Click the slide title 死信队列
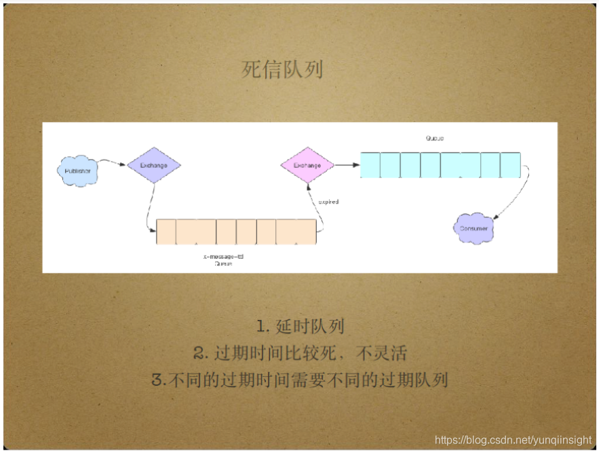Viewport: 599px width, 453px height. click(282, 70)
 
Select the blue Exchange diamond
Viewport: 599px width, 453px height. click(153, 165)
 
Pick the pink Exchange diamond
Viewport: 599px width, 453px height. click(307, 165)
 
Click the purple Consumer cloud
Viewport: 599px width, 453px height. click(474, 228)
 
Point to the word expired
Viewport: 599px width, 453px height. click(328, 202)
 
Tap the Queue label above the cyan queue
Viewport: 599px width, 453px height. click(434, 138)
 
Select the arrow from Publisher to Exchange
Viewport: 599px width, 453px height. click(113, 162)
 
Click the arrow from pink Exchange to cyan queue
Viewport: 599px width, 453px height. click(347, 164)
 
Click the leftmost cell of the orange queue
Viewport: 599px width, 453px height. click(166, 231)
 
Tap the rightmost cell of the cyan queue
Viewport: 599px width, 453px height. click(510, 165)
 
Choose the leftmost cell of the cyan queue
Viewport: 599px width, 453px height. click(370, 165)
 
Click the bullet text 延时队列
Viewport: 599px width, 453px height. click(310, 326)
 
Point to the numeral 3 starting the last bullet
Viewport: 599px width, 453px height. click(157, 380)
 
